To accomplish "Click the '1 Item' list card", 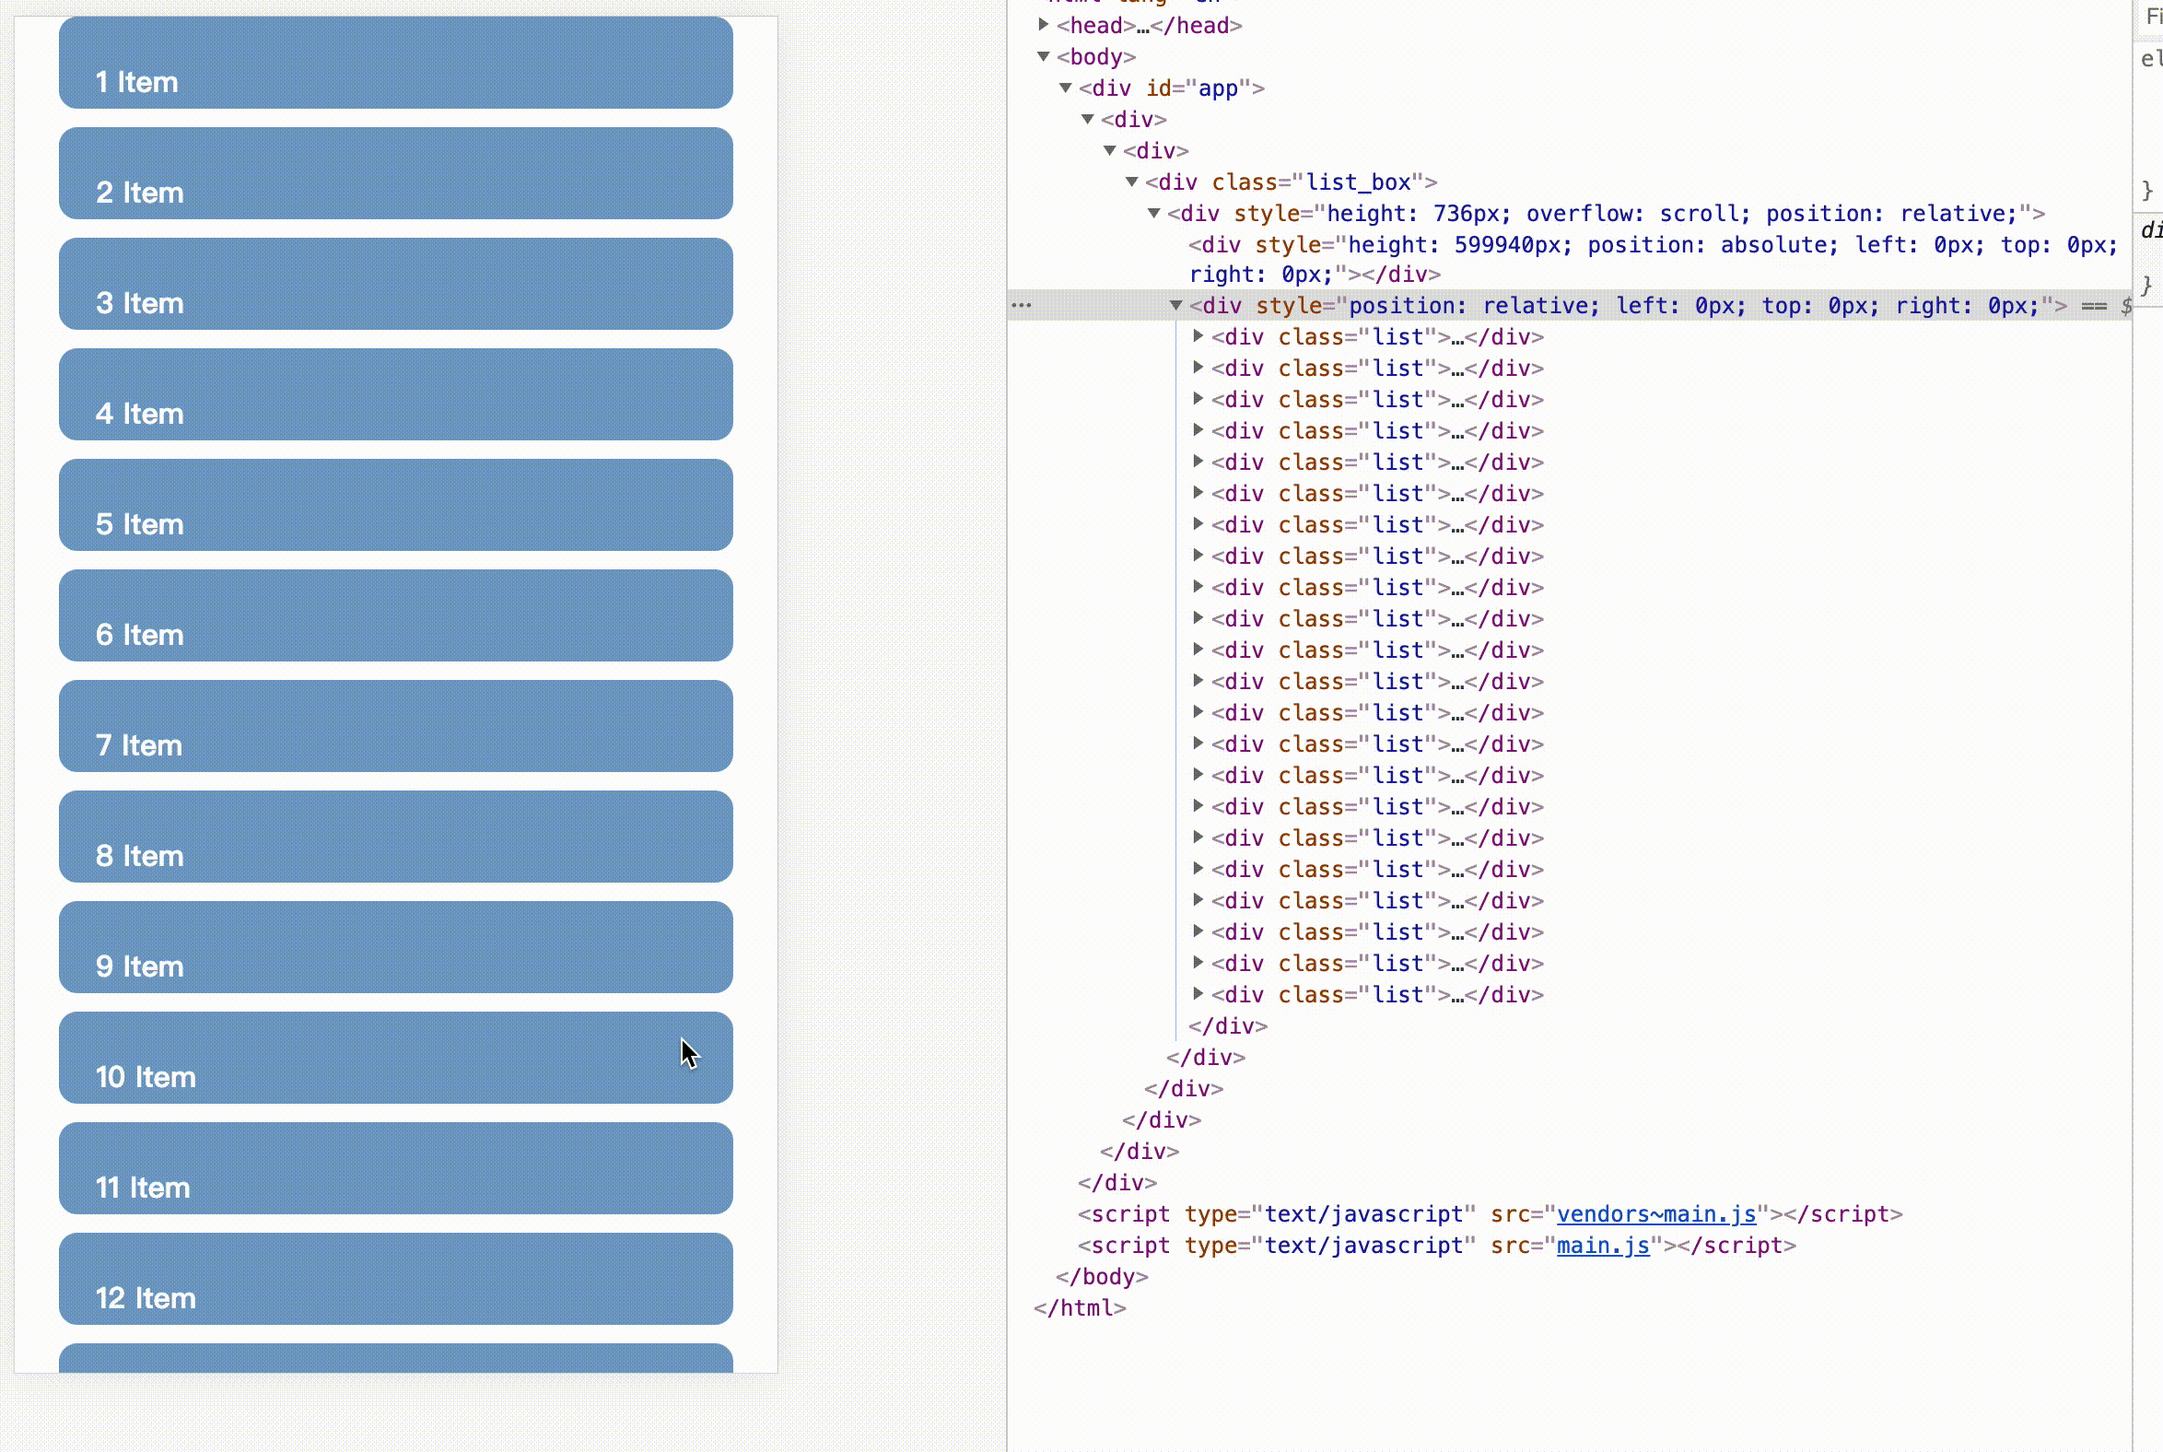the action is (395, 62).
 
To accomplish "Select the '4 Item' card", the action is (395, 394).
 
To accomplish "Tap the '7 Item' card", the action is (395, 726).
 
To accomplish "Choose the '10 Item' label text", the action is (146, 1077).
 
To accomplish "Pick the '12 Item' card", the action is (395, 1279).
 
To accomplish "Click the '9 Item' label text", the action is (140, 966).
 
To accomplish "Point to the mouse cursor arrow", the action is (689, 1054).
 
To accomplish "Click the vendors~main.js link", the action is (1655, 1214).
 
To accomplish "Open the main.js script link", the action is (1603, 1246).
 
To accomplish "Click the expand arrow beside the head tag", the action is (1044, 25).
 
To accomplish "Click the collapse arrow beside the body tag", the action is (1044, 56).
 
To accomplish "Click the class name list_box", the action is (1359, 182).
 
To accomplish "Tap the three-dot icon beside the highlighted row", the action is (1022, 305).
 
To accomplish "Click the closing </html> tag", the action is (1080, 1308).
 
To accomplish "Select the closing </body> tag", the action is (1102, 1277).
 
